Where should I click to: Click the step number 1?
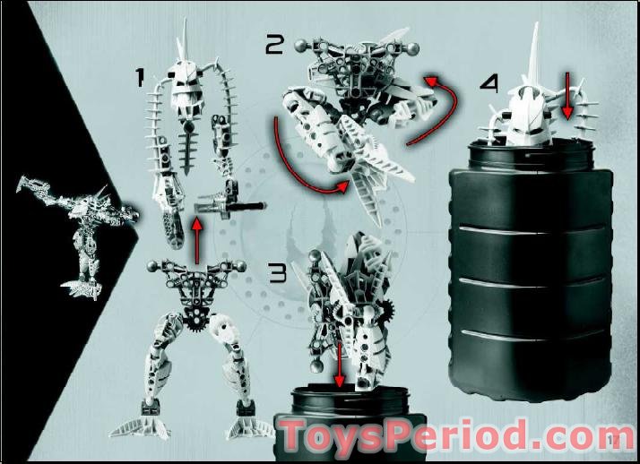click(139, 79)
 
